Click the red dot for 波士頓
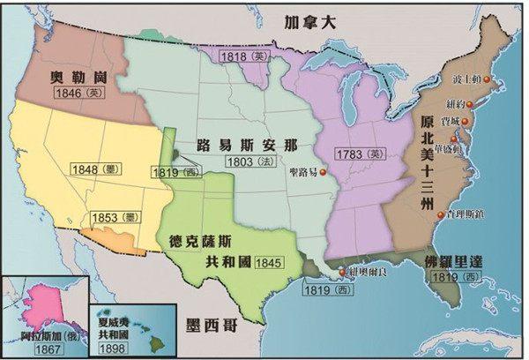pyautogui.click(x=500, y=81)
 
